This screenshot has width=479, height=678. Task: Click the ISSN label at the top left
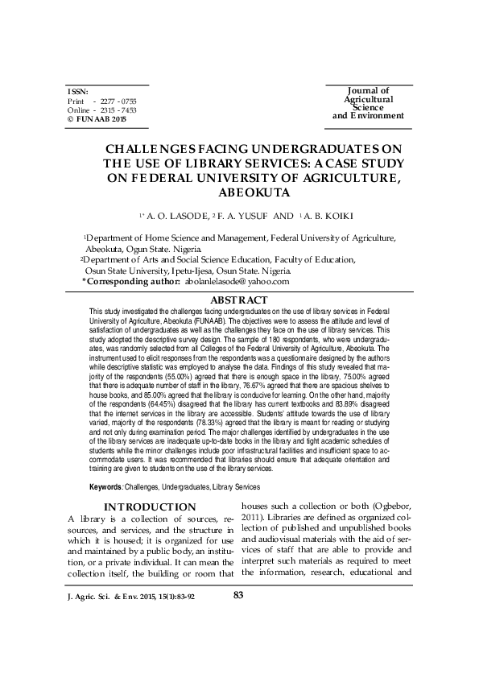[x=77, y=93]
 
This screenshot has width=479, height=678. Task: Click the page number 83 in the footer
[x=238, y=595]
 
